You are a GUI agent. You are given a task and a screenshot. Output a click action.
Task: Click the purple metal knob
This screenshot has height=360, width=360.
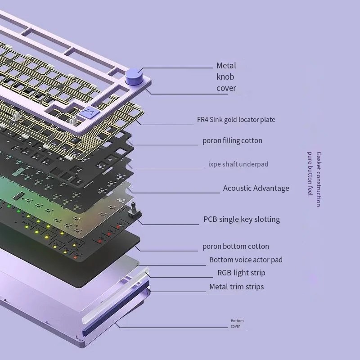tap(134, 76)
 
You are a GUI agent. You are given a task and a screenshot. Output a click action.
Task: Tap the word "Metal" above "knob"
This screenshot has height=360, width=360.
tap(226, 66)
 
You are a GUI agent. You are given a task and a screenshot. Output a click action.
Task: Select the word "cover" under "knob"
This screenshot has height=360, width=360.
tap(226, 88)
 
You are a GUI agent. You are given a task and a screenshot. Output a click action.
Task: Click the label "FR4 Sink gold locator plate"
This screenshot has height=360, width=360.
tap(236, 120)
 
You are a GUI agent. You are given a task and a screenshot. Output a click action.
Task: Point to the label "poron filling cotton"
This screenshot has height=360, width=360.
tap(232, 140)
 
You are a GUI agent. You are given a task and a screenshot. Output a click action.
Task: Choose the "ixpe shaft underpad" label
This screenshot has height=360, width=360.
tap(238, 164)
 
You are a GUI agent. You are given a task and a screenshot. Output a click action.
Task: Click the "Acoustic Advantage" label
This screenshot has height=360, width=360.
tap(256, 188)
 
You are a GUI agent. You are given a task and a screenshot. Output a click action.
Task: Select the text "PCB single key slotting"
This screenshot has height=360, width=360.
tap(242, 219)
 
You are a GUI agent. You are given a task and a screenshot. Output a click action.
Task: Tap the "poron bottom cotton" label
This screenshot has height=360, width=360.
tap(235, 246)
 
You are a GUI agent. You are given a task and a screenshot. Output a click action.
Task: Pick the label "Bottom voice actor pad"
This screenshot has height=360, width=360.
tap(246, 260)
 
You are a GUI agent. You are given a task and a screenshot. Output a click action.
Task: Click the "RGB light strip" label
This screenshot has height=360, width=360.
tap(241, 273)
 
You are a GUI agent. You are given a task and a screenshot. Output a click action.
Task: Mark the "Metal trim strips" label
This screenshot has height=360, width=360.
tap(237, 287)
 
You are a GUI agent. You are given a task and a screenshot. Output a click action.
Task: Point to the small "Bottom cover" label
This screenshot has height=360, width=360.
tap(237, 324)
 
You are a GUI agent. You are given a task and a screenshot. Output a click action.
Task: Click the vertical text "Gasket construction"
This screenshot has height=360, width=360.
tap(319, 179)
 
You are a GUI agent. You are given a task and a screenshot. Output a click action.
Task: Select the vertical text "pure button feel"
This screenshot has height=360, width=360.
tap(310, 174)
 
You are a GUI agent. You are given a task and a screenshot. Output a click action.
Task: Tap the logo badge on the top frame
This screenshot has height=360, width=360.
tap(89, 112)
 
